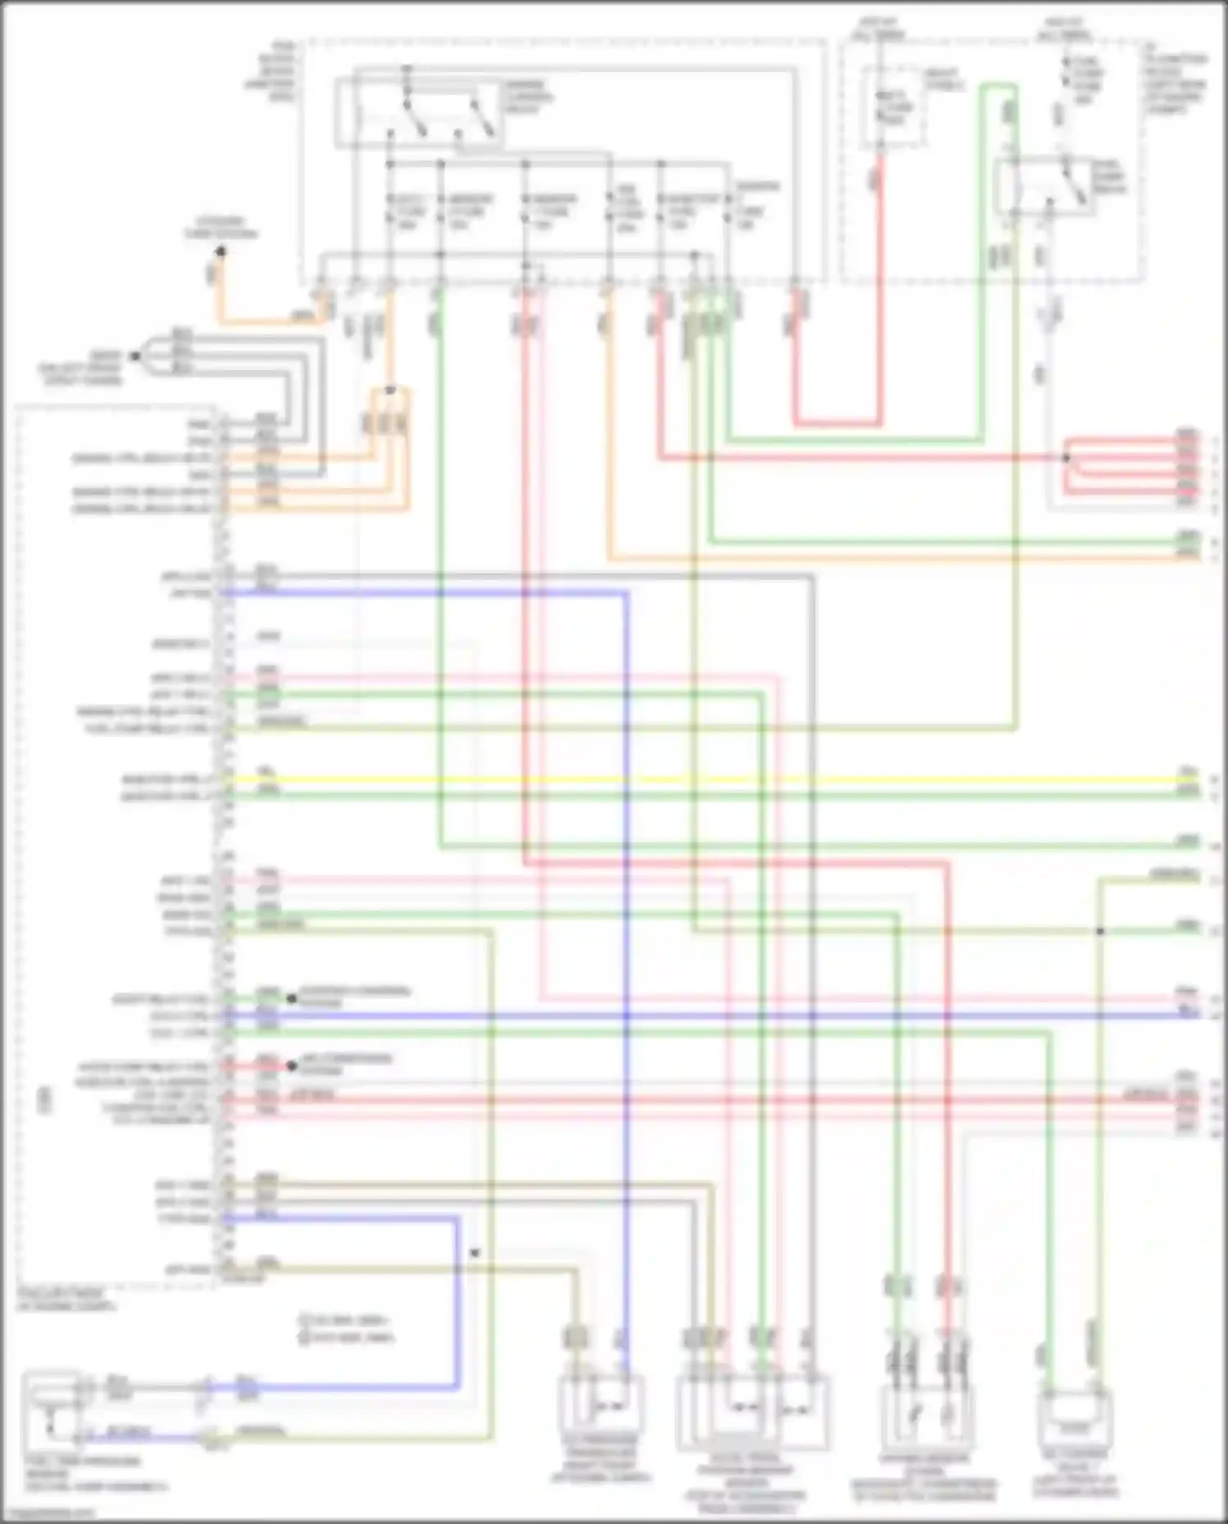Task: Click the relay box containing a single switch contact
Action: (1047, 188)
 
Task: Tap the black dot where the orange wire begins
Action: (220, 251)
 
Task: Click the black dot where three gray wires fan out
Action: (136, 356)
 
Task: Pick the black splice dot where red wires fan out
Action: (1066, 458)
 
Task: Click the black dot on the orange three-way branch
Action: (391, 391)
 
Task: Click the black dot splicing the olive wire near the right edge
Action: (1100, 931)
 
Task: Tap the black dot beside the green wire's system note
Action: (291, 998)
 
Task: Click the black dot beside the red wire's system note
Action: (291, 1066)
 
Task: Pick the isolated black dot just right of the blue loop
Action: (474, 1253)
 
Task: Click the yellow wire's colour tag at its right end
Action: (1187, 771)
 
